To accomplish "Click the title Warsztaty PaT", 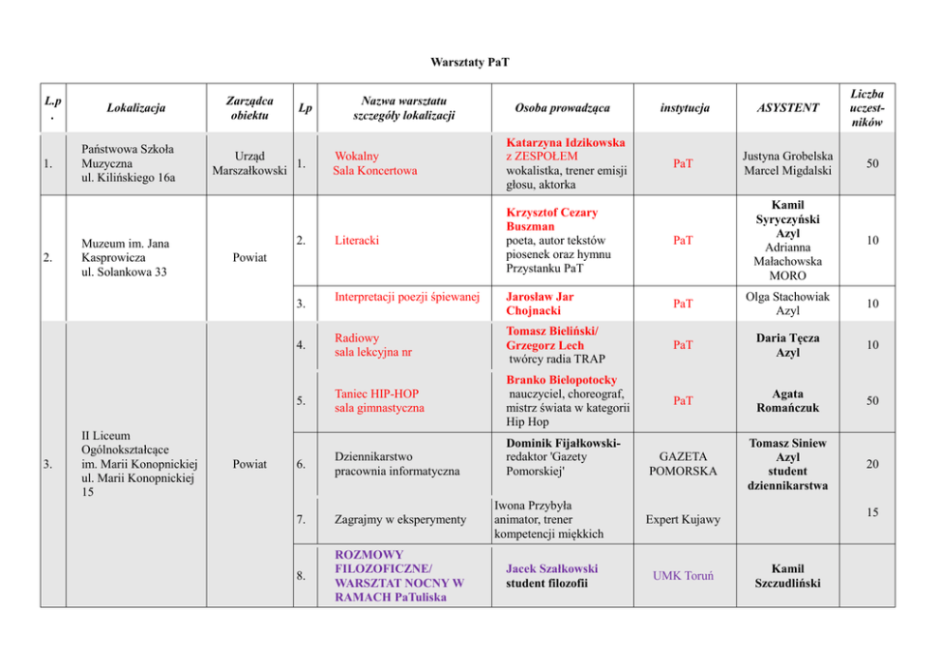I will click(469, 63).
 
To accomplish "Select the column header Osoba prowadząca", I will click(562, 108).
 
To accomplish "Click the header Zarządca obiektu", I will click(250, 108).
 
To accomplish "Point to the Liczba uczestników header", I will click(867, 108).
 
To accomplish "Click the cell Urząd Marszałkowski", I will click(250, 163).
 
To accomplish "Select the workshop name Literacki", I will click(357, 240).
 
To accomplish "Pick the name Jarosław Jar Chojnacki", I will click(540, 304).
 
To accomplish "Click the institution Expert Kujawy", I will click(682, 520).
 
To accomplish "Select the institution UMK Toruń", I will click(683, 576).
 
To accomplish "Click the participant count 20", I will click(872, 464).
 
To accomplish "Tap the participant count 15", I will click(872, 513).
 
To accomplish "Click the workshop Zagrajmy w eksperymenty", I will click(401, 520).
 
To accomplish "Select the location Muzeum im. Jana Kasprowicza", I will click(125, 250).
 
